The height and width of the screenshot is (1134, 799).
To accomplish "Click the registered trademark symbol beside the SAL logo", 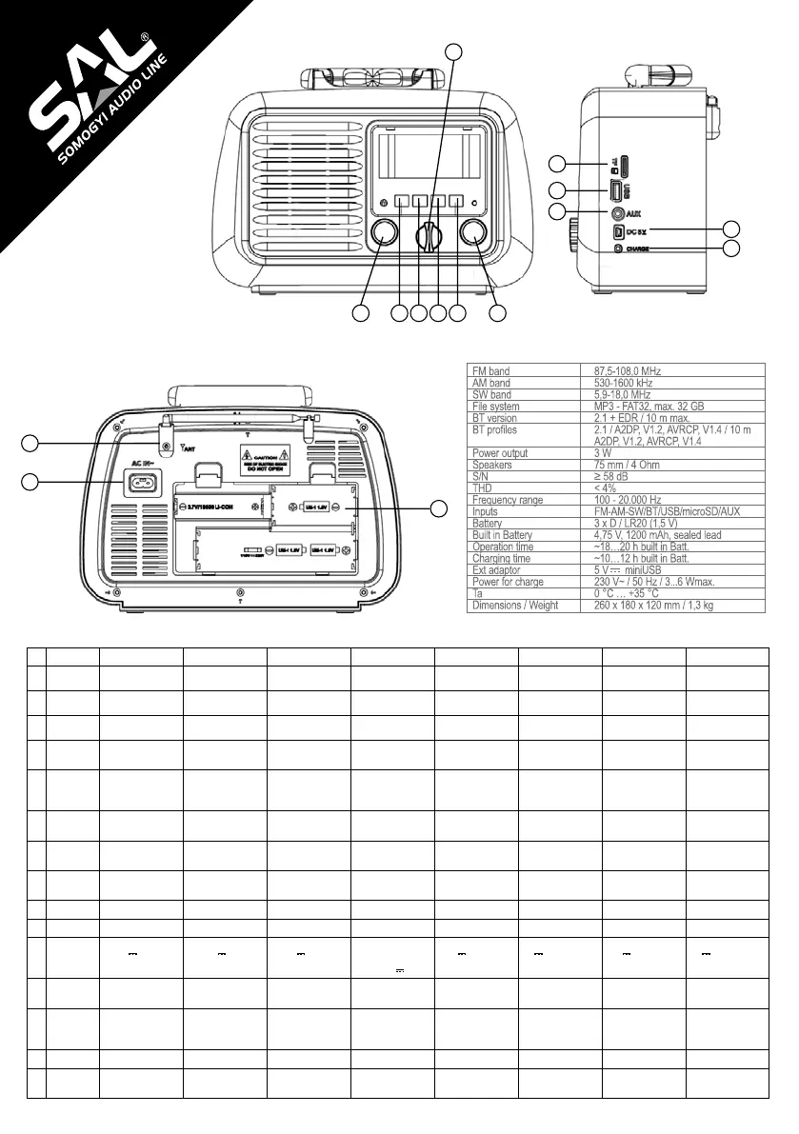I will pos(145,39).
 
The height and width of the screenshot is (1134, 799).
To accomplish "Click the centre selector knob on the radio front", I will pos(429,235).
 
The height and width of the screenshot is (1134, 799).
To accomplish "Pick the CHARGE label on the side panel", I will pos(644,249).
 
